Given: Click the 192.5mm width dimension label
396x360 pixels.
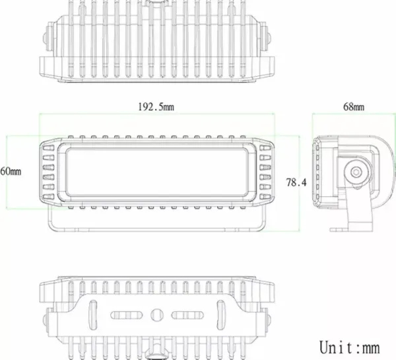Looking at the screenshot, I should [x=156, y=106].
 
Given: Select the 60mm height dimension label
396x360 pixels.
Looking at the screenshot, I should [x=11, y=171].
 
